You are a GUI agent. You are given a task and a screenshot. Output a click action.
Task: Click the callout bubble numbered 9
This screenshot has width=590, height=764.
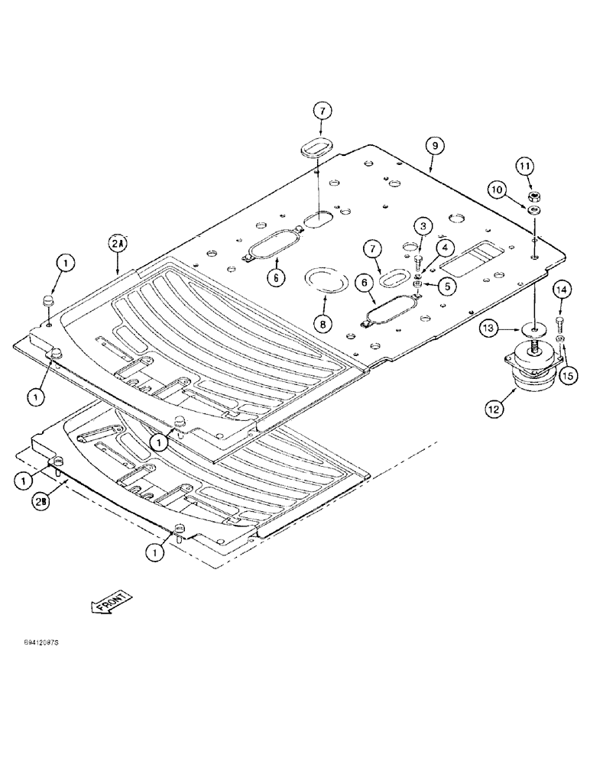point(433,145)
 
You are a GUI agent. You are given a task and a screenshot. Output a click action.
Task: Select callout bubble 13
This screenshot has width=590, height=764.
point(491,329)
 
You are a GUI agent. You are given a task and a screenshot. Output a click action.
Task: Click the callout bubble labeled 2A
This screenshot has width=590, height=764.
point(118,244)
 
